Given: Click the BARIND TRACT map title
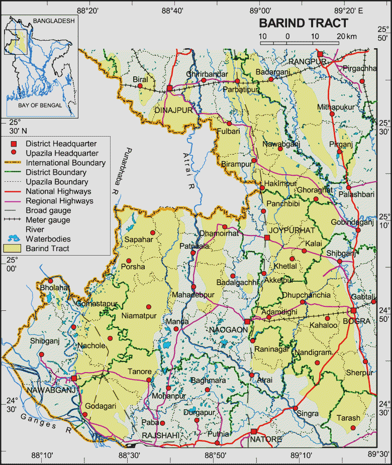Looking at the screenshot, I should [x=303, y=23].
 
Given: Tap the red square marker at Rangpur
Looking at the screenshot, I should [x=320, y=54].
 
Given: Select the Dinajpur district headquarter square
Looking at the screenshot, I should [x=170, y=88].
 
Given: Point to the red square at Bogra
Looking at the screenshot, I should [x=354, y=310].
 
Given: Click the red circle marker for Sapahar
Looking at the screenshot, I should [x=153, y=232].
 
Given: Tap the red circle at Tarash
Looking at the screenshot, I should [x=353, y=427].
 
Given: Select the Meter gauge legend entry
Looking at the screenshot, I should [x=48, y=220].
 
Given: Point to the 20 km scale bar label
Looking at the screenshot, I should [x=344, y=36].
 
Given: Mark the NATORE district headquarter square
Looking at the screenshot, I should [x=254, y=431].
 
